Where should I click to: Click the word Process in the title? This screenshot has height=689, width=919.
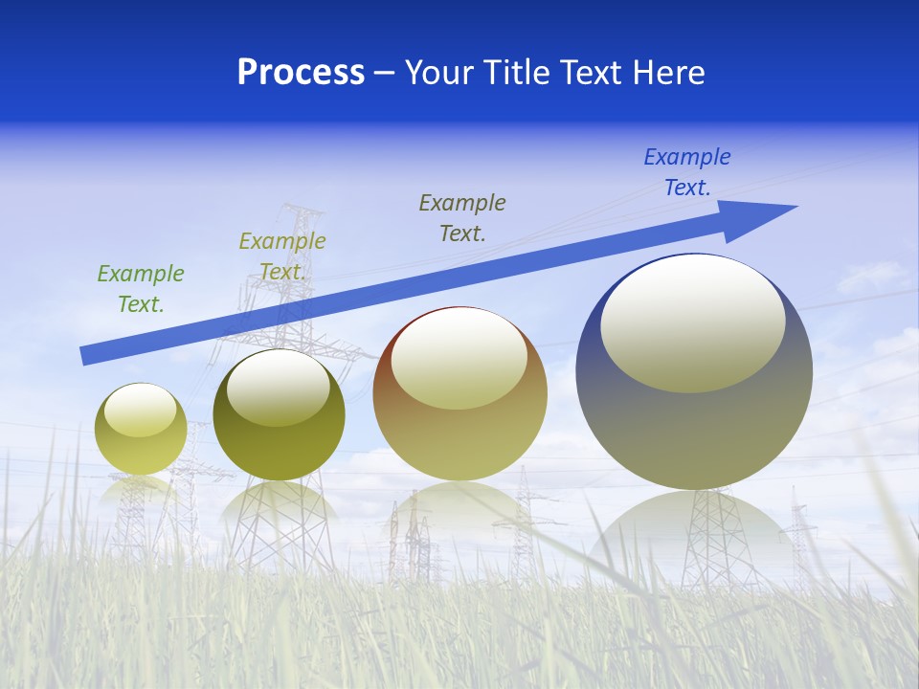pos(301,73)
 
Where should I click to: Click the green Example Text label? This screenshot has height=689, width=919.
pos(141,288)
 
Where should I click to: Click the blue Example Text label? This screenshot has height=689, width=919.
pos(687,171)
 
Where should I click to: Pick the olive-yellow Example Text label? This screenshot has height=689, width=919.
pos(282,256)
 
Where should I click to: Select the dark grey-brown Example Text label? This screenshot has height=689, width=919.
pos(462,217)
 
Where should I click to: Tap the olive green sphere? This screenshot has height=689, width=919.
pos(279,450)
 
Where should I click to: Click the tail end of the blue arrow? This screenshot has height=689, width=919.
pos(88,355)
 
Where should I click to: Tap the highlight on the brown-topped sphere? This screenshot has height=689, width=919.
pos(459,357)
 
